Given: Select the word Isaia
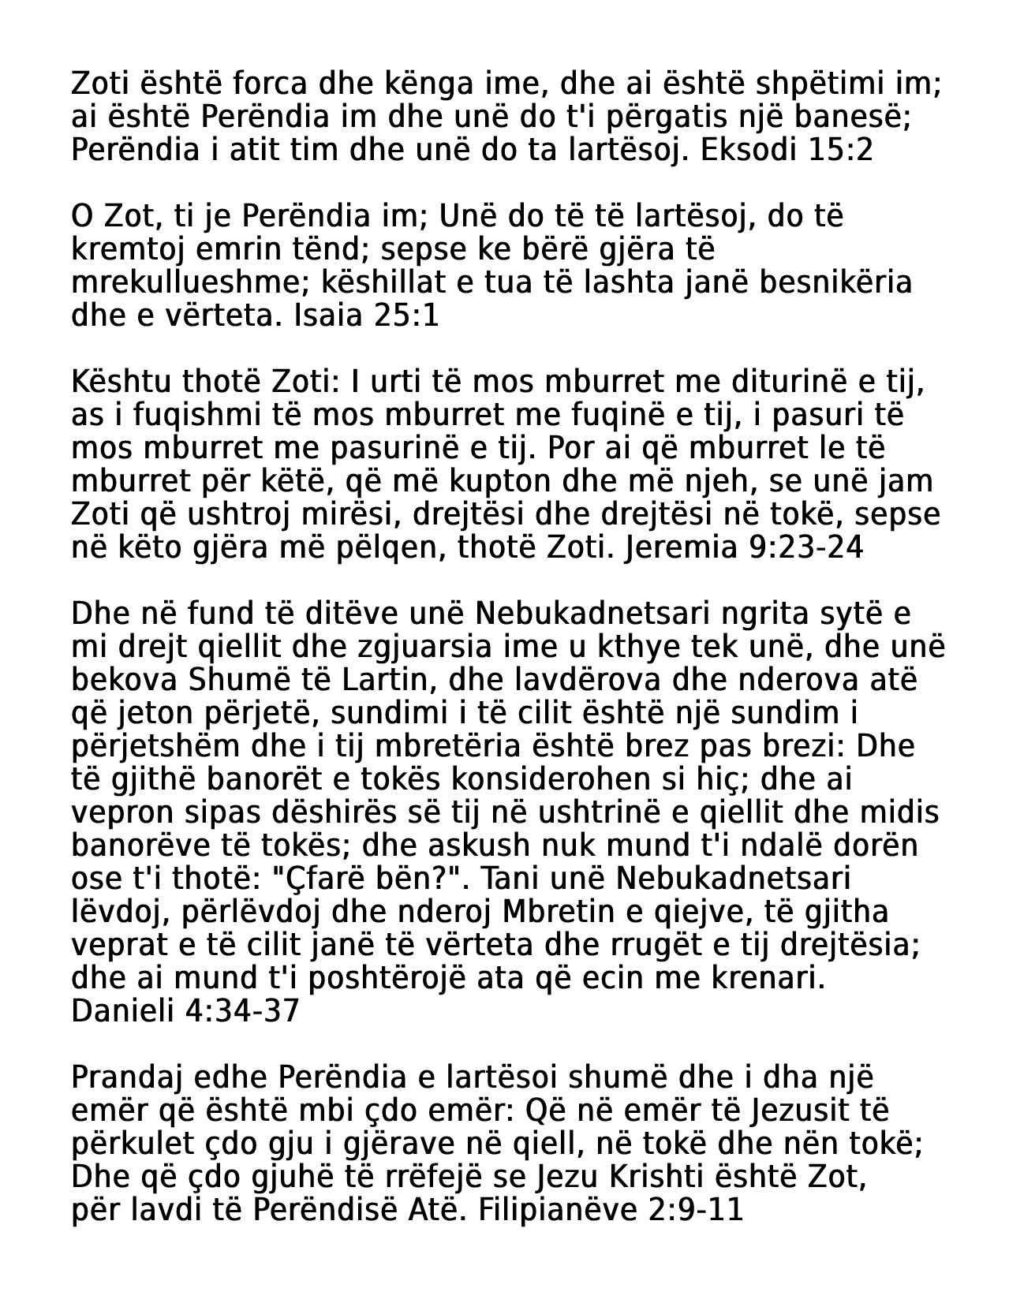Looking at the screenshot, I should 324,315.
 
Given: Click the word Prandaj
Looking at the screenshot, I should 127,1077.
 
